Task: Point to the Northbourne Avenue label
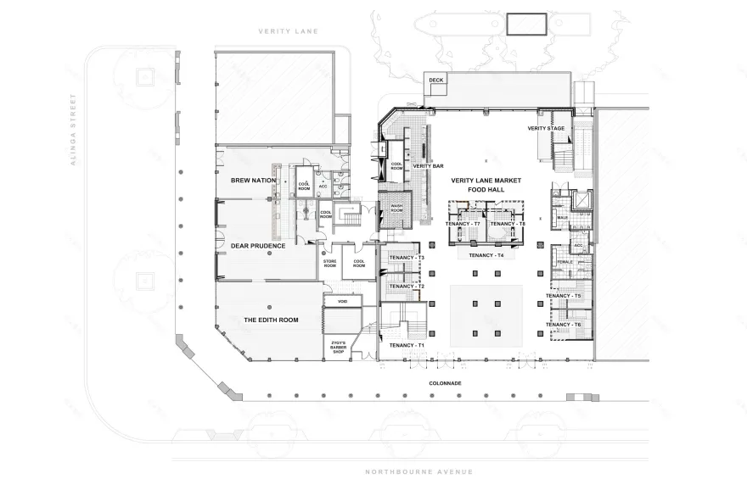pos(418,471)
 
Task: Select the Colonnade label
pos(445,383)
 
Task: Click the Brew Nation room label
pos(254,181)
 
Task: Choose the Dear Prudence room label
pos(257,247)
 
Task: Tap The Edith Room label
pos(272,320)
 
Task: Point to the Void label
pos(343,300)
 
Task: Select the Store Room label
pos(330,264)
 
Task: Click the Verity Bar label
pos(428,166)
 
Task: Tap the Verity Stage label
pos(546,129)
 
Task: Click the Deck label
pos(435,81)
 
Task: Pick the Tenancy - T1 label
pos(406,345)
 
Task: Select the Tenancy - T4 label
pos(486,255)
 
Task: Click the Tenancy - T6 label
pos(564,325)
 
